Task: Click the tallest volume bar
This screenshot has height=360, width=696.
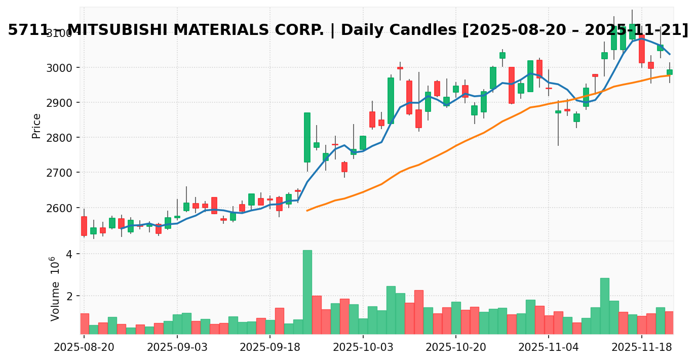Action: coord(307,292)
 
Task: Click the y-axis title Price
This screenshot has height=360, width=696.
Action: coord(36,126)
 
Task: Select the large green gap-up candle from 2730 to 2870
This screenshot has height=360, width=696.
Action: coord(307,137)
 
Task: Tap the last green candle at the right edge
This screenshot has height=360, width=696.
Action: coord(670,72)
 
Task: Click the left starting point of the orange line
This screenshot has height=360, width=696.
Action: coord(307,210)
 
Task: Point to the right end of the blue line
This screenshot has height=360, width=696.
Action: coord(670,54)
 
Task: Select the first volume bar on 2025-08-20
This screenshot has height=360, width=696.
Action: coord(84,324)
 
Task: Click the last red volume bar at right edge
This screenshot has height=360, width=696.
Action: coord(670,323)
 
